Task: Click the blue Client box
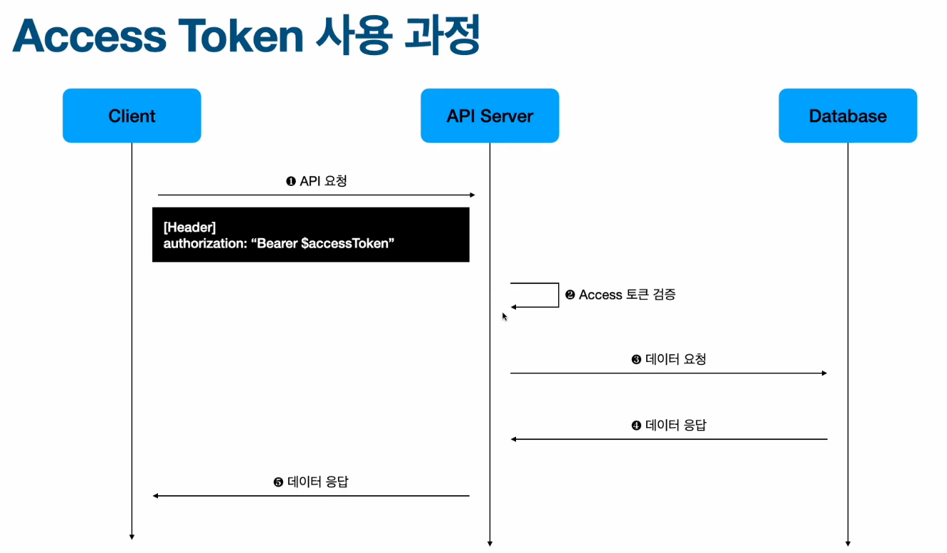click(x=132, y=116)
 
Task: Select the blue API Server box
click(x=490, y=116)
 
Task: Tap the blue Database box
click(x=848, y=116)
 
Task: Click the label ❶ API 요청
click(x=316, y=181)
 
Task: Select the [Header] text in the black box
click(x=189, y=227)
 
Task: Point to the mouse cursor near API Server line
click(x=505, y=316)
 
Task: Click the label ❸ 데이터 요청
click(x=669, y=359)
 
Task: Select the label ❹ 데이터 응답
click(x=669, y=425)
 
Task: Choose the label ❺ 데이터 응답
click(x=311, y=482)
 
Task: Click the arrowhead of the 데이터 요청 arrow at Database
click(x=824, y=373)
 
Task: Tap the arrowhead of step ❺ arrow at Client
click(x=156, y=496)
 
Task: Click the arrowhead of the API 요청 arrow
click(x=472, y=195)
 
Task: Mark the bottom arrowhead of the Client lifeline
click(x=132, y=536)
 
